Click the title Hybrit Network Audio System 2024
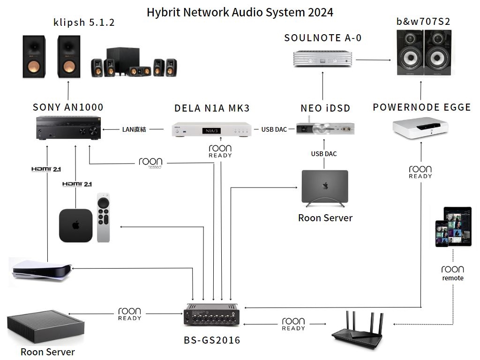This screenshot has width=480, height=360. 240,12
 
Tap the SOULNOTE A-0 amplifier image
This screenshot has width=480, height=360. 322,60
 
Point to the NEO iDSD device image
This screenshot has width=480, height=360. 325,127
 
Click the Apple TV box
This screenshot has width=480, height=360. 75,225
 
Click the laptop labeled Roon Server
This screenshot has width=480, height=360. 324,187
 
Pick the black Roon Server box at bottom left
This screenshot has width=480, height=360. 45,328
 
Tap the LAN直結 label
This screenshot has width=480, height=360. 134,129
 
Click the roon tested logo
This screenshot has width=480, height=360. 150,163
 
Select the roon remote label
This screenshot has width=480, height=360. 452,273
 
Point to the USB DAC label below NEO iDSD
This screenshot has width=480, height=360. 323,154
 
